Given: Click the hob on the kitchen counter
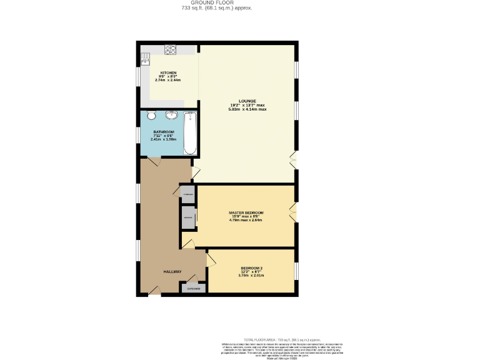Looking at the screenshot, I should pos(171,49).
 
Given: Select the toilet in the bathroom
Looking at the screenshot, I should pos(151,116).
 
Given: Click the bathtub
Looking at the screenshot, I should pos(190,132).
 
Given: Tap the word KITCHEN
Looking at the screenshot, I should pos(167,72).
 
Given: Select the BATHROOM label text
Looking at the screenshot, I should pos(163,132).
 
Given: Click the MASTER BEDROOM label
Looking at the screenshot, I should pos(246,212).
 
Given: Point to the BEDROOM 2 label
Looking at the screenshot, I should pos(251,268).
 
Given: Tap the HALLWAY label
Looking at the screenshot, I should pos(172,272).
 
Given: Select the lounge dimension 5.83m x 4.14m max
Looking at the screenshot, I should pos(247,109).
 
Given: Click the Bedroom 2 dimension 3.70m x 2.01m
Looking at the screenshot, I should pos(251,276).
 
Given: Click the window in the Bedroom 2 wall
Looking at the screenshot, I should pos(296,270).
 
